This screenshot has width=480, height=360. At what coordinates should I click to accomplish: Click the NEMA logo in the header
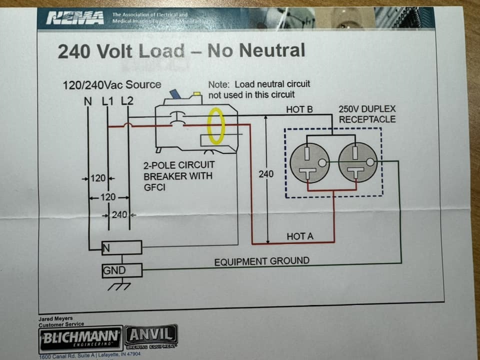click(75, 19)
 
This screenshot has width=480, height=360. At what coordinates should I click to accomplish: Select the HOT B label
click(299, 109)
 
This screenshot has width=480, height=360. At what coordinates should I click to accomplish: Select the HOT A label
click(300, 236)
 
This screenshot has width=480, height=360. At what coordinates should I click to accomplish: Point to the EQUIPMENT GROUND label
click(261, 261)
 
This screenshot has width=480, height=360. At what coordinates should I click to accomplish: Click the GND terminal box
click(122, 270)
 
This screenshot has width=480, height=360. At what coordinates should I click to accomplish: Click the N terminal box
click(122, 247)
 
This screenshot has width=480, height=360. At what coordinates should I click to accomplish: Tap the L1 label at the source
click(108, 100)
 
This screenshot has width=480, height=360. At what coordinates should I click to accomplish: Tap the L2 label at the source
click(128, 100)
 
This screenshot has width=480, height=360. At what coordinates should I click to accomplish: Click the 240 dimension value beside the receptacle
click(266, 174)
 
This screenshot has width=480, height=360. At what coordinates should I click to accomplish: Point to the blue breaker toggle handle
click(175, 94)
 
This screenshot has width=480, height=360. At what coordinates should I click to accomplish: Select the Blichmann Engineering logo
click(80, 338)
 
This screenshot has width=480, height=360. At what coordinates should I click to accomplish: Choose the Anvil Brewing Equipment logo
click(150, 336)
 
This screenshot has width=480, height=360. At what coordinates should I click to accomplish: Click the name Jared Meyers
click(55, 318)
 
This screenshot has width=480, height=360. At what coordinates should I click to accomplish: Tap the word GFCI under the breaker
click(155, 186)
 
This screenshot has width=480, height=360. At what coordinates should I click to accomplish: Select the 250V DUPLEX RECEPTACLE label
click(366, 114)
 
